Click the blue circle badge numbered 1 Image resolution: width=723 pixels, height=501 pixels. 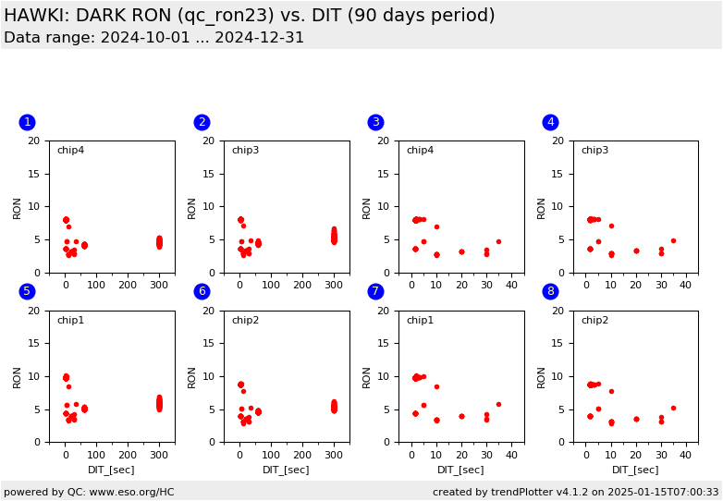point(27,122)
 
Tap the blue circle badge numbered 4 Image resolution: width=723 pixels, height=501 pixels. point(550,122)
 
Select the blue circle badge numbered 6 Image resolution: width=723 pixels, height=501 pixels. point(202,291)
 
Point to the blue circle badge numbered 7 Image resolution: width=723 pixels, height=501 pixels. point(375,291)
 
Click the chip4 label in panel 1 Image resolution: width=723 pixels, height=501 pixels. point(70,151)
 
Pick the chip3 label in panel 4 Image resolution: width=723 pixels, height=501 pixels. point(594,151)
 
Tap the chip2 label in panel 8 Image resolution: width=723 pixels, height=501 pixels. point(594,321)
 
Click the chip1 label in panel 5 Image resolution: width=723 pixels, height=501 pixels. point(70,321)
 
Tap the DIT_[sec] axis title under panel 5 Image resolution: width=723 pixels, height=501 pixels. point(111,470)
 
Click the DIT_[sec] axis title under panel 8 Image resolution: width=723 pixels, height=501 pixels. point(635,470)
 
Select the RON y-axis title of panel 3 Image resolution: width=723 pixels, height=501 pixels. point(366,207)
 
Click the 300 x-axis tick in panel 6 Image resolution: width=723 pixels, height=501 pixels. point(334,455)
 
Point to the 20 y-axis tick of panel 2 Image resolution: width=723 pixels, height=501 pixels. point(212,141)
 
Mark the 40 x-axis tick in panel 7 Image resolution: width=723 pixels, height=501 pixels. point(511,455)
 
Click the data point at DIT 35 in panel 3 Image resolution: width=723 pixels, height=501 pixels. point(498,242)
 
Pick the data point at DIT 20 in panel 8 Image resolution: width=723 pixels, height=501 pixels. point(636,419)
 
